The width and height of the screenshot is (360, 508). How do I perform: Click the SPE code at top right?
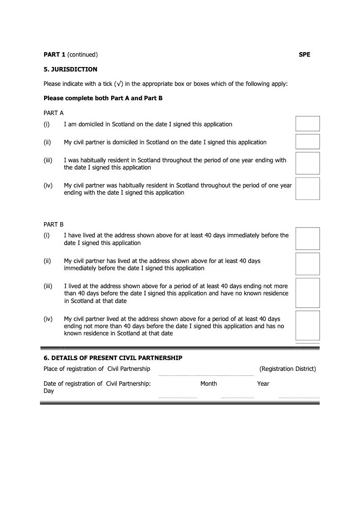304,55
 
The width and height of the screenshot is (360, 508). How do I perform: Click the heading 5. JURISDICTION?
70,70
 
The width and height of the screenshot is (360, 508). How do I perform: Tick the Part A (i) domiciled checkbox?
307,124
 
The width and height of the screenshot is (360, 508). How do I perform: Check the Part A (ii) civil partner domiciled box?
307,142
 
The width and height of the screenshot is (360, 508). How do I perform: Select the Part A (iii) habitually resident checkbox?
307,163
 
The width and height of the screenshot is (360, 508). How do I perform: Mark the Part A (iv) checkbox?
307,188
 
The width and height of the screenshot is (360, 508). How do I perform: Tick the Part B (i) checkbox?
307,239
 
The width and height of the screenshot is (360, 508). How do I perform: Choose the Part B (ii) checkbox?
307,264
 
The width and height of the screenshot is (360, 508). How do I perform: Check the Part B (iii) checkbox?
307,293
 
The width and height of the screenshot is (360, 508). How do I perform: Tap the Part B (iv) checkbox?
307,325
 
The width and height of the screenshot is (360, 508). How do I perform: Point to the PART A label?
54,113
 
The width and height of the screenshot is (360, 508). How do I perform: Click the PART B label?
54,224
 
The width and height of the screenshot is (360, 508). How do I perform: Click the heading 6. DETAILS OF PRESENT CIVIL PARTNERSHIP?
113,358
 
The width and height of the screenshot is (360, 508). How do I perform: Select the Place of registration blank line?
206,375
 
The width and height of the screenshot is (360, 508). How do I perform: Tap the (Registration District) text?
288,369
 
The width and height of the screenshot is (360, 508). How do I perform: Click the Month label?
209,383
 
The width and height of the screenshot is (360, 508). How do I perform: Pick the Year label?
263,383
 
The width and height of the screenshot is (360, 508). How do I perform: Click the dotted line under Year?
299,398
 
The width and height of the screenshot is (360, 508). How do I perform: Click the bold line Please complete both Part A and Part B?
103,98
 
